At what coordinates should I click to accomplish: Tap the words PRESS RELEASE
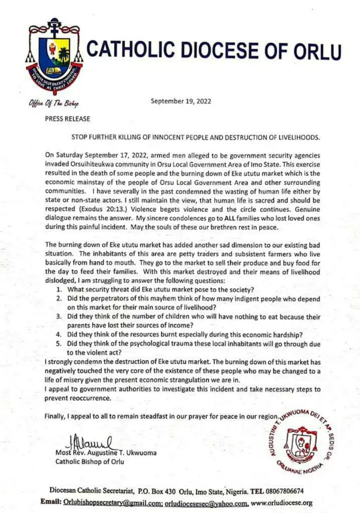pyautogui.click(x=67, y=119)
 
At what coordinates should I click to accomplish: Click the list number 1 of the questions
pyautogui.click(x=60, y=289)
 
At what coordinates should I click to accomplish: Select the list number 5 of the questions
pyautogui.click(x=60, y=343)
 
